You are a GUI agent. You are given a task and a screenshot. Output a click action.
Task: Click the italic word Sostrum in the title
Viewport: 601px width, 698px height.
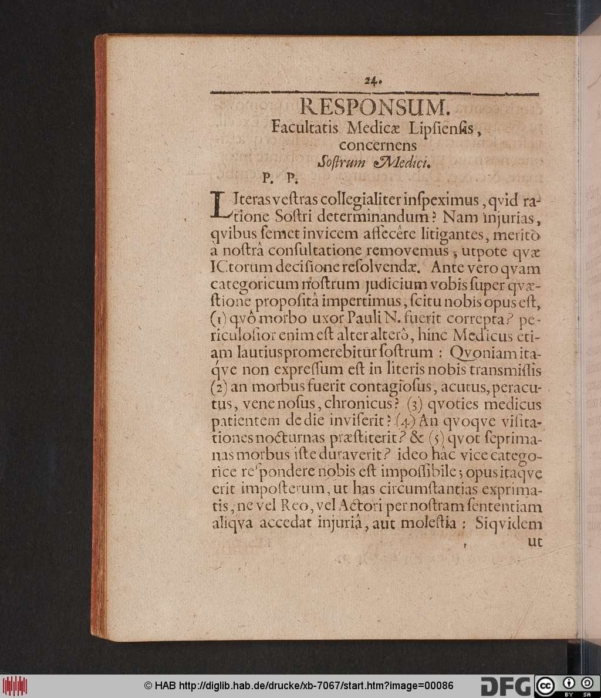(337, 161)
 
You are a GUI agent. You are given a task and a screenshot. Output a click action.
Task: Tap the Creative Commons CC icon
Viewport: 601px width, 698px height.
(545, 685)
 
